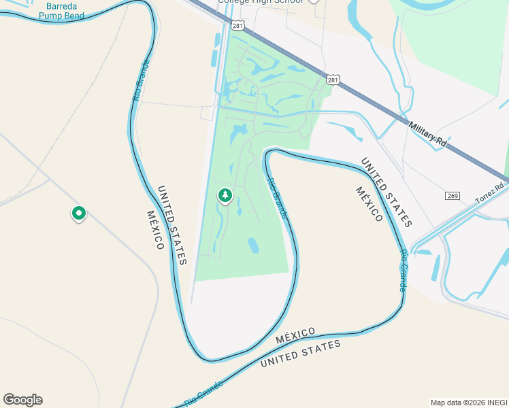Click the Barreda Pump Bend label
pos(65,10)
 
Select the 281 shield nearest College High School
pos(237,25)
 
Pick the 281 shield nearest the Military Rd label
pos(332,80)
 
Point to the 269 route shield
pos(453,196)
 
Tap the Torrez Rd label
pos(490,192)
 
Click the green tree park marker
pos(225,196)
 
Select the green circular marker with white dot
pos(79,214)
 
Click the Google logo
pos(22,400)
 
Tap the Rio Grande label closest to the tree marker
pos(277,198)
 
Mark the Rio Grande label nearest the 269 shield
pos(404,270)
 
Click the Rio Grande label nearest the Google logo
pos(203,393)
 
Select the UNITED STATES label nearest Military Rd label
pos(386,192)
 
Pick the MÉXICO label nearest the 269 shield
pos(369,203)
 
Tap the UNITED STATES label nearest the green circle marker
pos(172,225)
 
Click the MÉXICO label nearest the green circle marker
pos(155,230)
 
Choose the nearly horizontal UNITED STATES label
pos(301,354)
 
